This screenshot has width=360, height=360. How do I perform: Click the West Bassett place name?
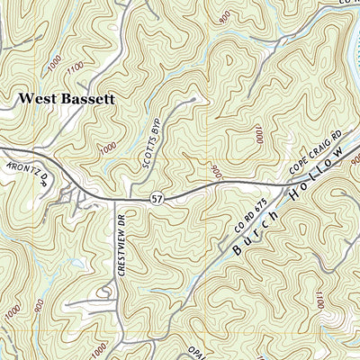point(67,98)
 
